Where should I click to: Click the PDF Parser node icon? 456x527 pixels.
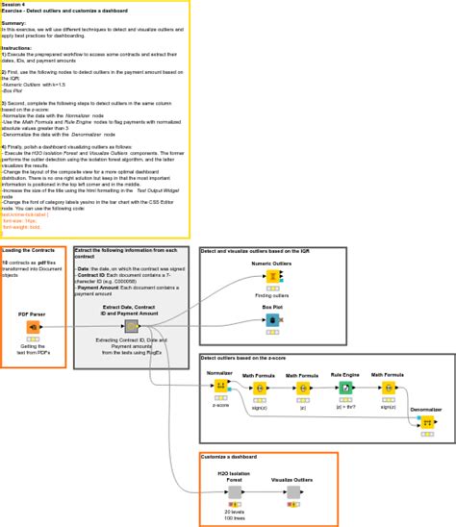pyautogui.click(x=33, y=327)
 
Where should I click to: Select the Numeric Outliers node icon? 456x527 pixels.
pyautogui.click(x=273, y=276)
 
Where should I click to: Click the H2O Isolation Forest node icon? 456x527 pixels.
pyautogui.click(x=235, y=493)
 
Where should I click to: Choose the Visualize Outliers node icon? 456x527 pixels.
pyautogui.click(x=291, y=493)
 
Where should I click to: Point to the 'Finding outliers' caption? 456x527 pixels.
pyautogui.click(x=273, y=294)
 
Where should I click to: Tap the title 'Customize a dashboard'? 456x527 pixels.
pyautogui.click(x=235, y=456)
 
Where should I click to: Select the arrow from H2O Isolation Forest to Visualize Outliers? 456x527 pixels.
pyautogui.click(x=263, y=493)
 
